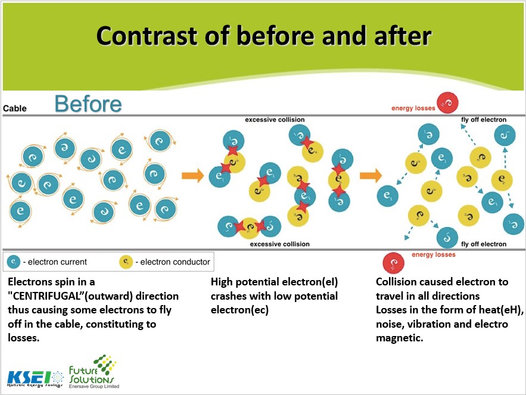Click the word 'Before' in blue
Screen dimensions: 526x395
click(88, 104)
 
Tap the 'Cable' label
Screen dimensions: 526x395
click(15, 108)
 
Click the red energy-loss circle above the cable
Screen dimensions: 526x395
click(447, 102)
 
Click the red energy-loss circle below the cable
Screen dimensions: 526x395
click(393, 263)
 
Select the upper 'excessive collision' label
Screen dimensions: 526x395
click(275, 120)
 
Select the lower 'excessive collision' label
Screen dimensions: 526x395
click(280, 244)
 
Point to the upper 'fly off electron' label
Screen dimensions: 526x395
click(484, 120)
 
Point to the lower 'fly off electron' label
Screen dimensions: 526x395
click(484, 244)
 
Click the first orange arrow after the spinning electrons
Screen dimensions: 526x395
click(193, 176)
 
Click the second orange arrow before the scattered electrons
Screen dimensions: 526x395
click(371, 176)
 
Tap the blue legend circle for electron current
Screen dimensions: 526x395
click(14, 262)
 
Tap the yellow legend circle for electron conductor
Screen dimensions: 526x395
click(126, 262)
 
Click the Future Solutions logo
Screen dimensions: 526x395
click(93, 372)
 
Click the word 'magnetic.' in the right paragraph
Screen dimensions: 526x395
click(400, 338)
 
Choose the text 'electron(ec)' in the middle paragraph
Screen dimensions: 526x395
click(239, 310)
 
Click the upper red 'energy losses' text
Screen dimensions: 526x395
click(413, 108)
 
